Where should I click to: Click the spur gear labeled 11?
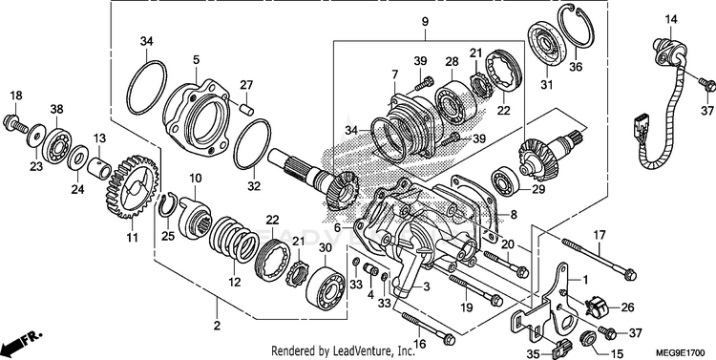(131, 186)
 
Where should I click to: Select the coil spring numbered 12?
(234, 240)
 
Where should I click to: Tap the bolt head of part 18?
(10, 121)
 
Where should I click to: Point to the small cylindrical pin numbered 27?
(246, 111)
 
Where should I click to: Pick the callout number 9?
(425, 21)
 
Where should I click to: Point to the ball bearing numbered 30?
(326, 286)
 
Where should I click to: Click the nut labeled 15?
(586, 340)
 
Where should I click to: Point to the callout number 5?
(197, 60)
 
